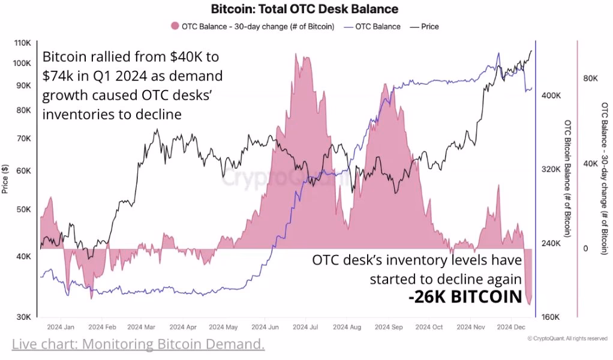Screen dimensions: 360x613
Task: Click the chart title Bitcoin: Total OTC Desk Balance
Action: (304, 10)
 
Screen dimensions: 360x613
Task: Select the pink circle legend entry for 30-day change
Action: (175, 26)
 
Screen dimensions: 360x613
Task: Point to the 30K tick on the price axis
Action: (22, 317)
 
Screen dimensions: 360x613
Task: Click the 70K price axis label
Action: (22, 138)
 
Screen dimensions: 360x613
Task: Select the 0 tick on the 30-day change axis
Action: (585, 248)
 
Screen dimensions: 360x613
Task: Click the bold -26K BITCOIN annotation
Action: (465, 296)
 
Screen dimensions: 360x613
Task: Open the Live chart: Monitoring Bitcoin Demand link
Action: (138, 344)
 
